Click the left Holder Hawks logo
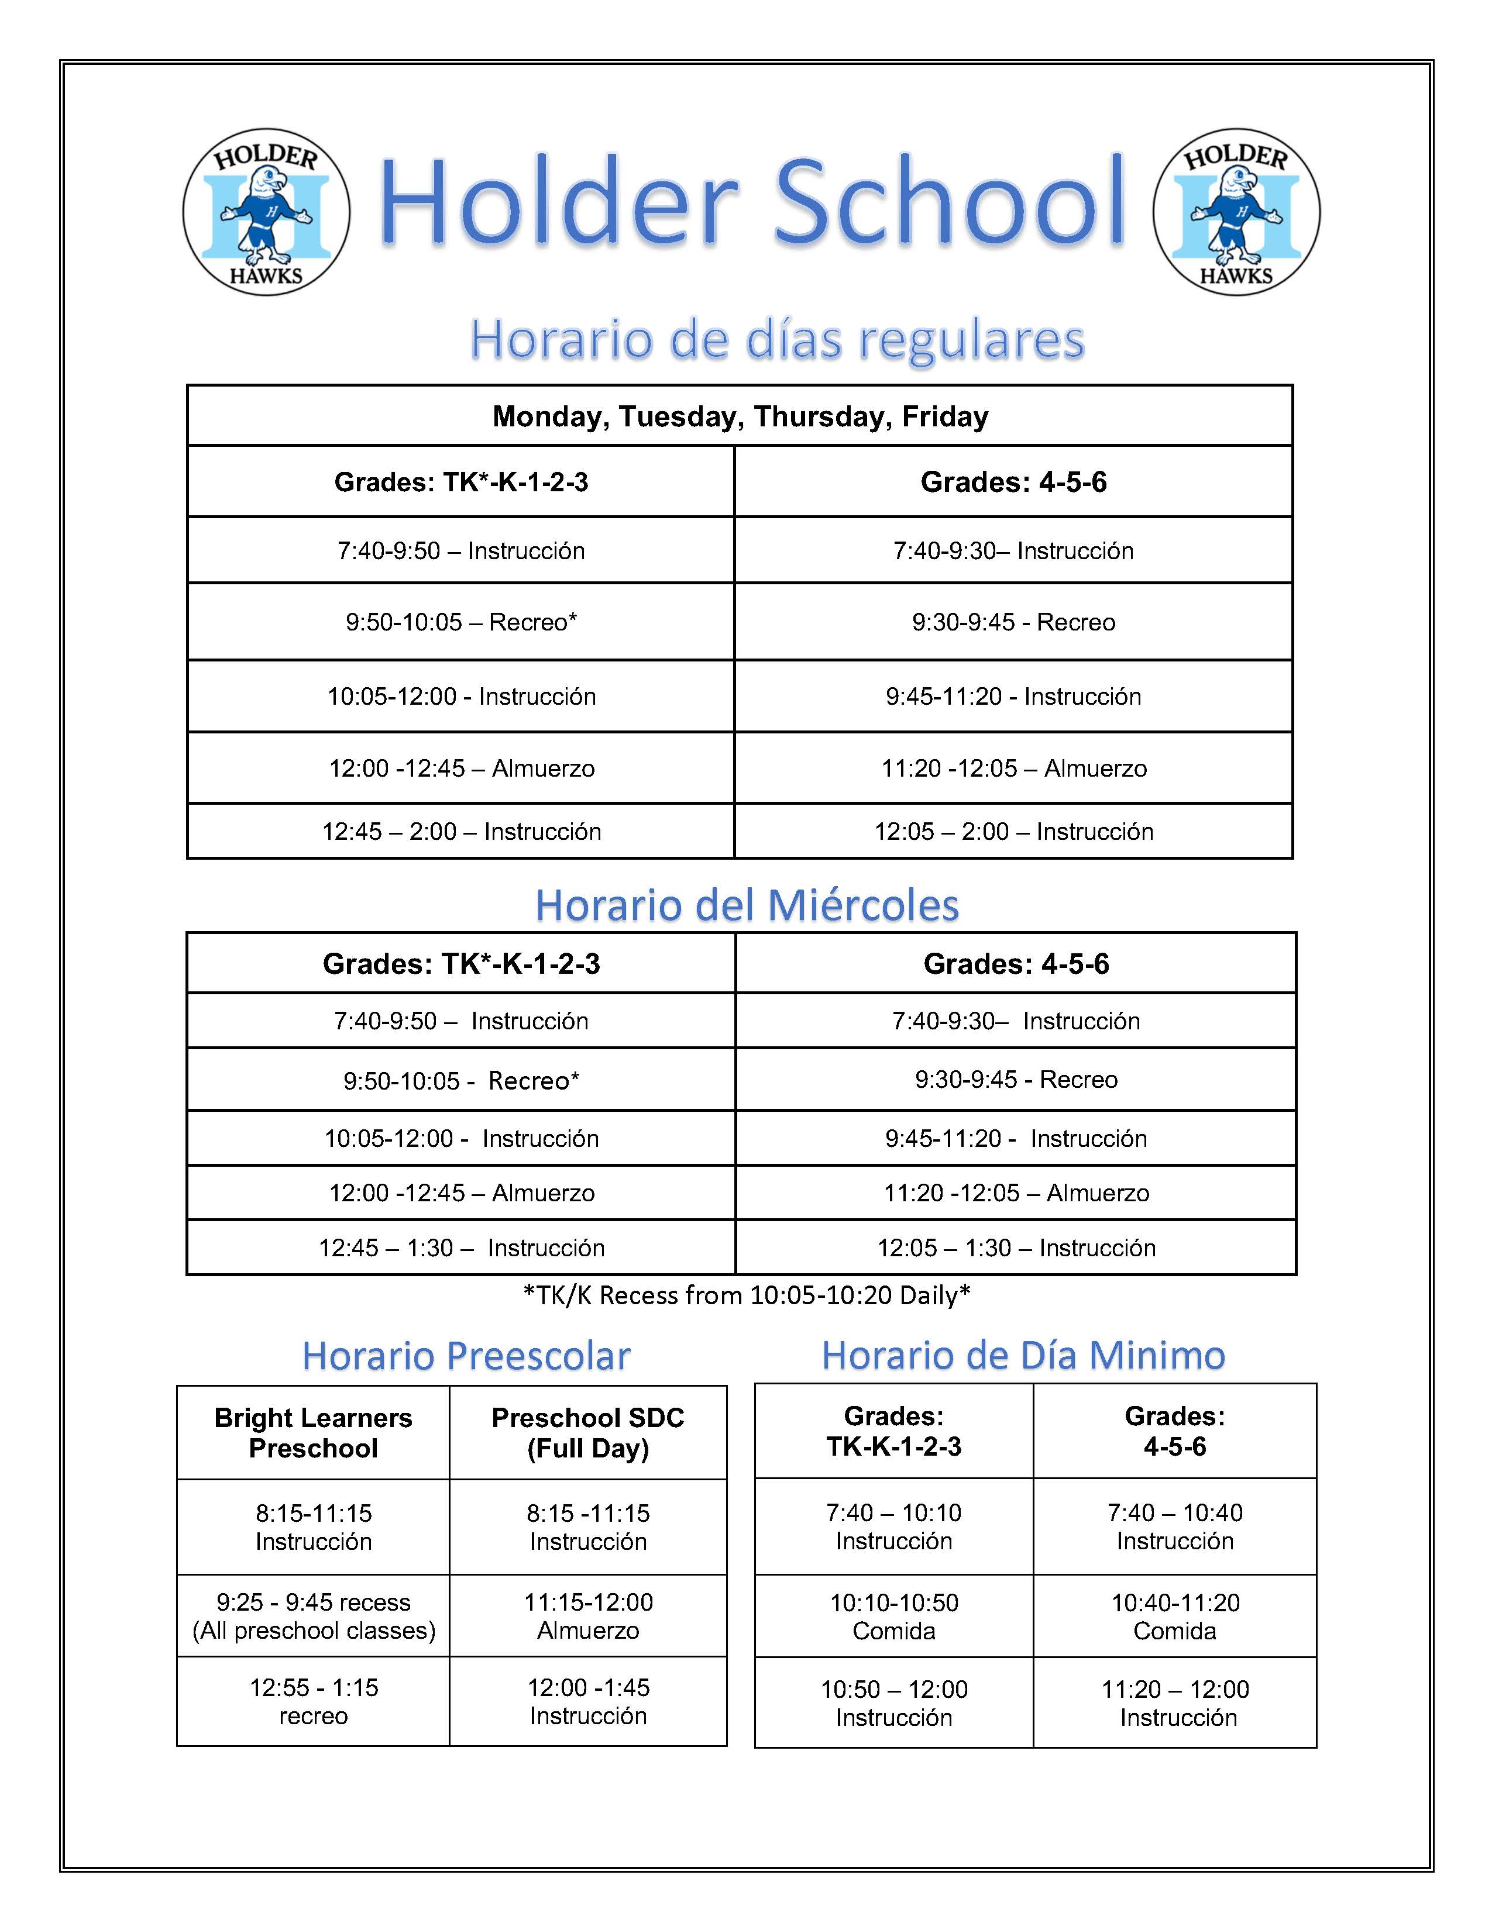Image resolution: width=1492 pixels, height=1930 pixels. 266,212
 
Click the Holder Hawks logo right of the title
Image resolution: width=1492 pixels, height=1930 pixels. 1236,212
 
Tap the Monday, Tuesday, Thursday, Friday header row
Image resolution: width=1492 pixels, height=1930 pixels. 740,416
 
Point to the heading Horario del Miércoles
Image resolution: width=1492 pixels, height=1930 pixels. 747,905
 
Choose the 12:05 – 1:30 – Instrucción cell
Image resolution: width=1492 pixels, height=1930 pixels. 1016,1248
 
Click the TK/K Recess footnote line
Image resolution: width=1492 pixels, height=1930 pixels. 747,1295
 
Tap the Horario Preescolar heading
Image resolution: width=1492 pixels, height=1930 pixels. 466,1356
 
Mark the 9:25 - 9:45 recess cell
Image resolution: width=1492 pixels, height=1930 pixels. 313,1617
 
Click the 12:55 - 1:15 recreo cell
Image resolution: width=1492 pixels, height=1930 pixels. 313,1701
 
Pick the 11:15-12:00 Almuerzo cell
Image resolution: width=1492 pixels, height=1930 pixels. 588,1617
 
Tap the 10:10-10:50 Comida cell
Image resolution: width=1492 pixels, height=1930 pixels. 893,1617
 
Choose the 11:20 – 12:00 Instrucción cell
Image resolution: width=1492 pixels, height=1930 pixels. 1175,1703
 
